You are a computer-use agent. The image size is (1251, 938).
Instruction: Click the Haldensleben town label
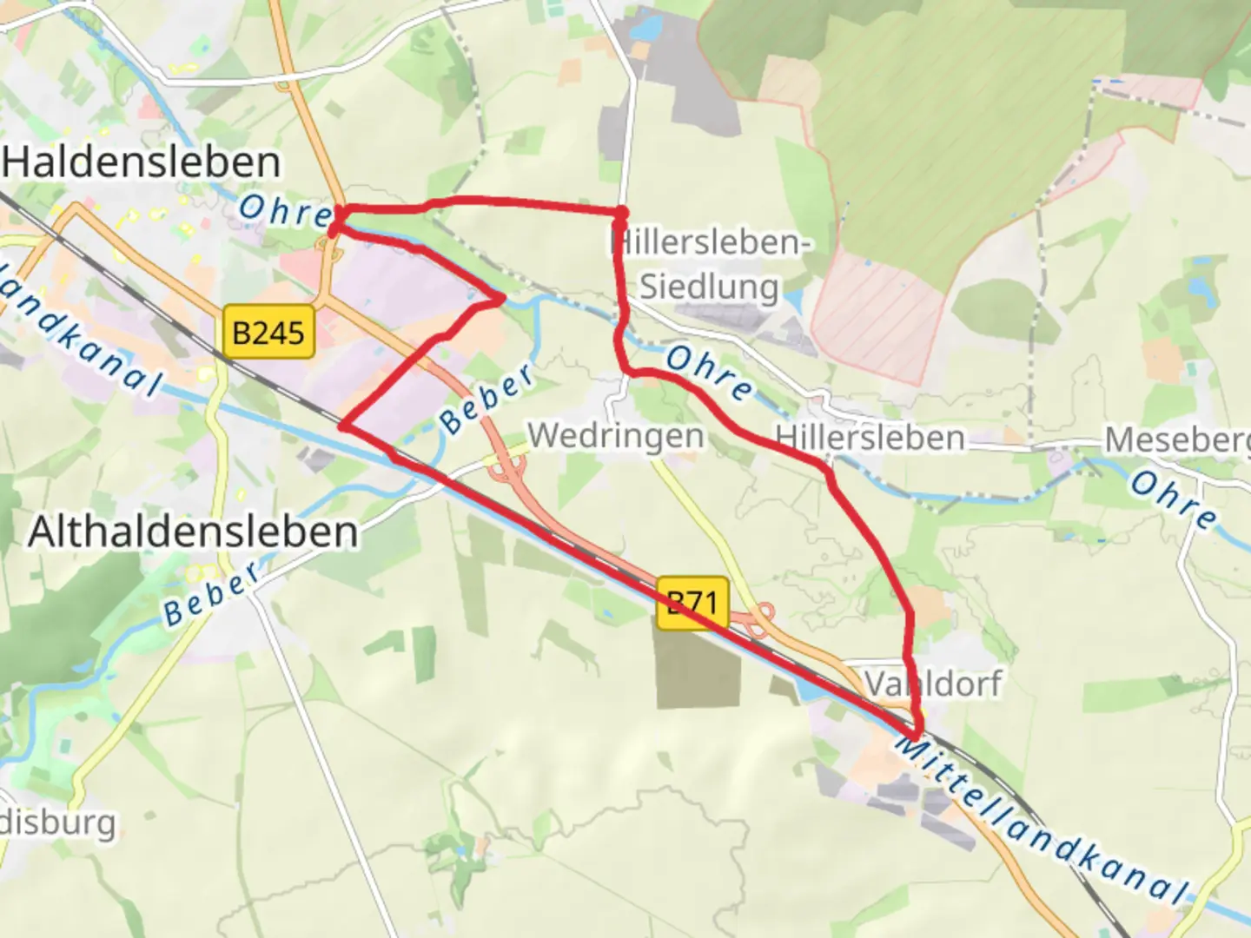(142, 162)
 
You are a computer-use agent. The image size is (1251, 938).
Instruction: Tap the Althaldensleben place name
(193, 532)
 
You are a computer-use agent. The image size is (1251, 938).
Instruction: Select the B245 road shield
(268, 332)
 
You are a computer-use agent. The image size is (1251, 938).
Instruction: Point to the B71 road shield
(692, 601)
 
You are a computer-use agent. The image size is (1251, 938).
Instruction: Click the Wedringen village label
(616, 435)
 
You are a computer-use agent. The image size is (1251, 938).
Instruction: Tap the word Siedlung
(709, 286)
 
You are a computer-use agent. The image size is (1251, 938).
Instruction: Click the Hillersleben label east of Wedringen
(870, 437)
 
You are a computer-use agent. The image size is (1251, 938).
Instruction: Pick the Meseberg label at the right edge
(1177, 440)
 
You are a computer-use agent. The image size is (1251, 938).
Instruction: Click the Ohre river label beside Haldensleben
(285, 211)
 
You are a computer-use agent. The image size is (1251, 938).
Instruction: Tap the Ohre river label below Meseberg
(1174, 499)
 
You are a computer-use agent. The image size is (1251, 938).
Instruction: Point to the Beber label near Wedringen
(487, 398)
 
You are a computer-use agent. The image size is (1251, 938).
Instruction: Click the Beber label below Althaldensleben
(212, 593)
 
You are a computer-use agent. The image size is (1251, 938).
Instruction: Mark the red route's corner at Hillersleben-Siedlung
(622, 213)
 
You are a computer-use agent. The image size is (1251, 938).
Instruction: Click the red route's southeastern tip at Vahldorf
(916, 735)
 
